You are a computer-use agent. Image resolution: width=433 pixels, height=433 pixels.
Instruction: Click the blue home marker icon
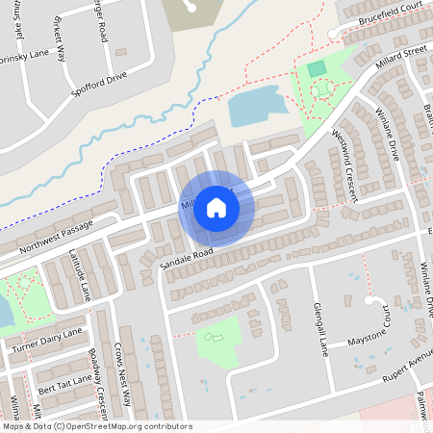click(x=216, y=207)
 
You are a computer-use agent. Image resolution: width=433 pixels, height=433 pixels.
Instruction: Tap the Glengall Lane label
click(x=320, y=329)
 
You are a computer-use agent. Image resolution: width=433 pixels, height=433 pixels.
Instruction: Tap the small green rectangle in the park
click(x=316, y=68)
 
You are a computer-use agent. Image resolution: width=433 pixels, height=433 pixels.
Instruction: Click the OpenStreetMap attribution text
click(x=96, y=426)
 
